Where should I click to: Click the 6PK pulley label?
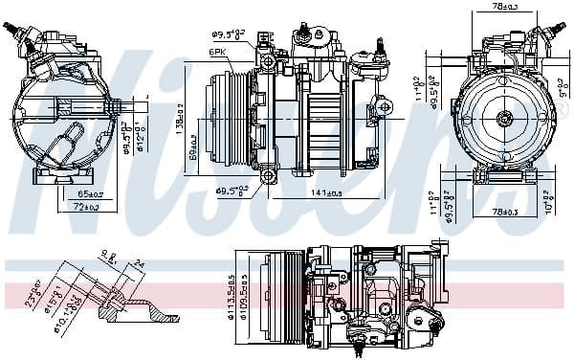pyautogui.click(x=218, y=54)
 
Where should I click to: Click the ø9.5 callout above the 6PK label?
pyautogui.click(x=230, y=35)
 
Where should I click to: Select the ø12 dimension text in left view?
pyautogui.click(x=142, y=144)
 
